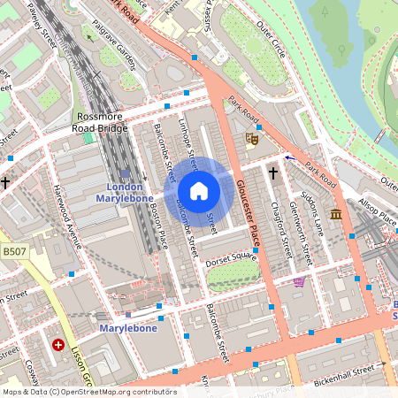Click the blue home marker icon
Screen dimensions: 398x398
199,191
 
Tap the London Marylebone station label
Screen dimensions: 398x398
125,193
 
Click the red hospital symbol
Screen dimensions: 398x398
59,345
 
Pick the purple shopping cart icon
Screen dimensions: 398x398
299,282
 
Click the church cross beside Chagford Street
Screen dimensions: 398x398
272,173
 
